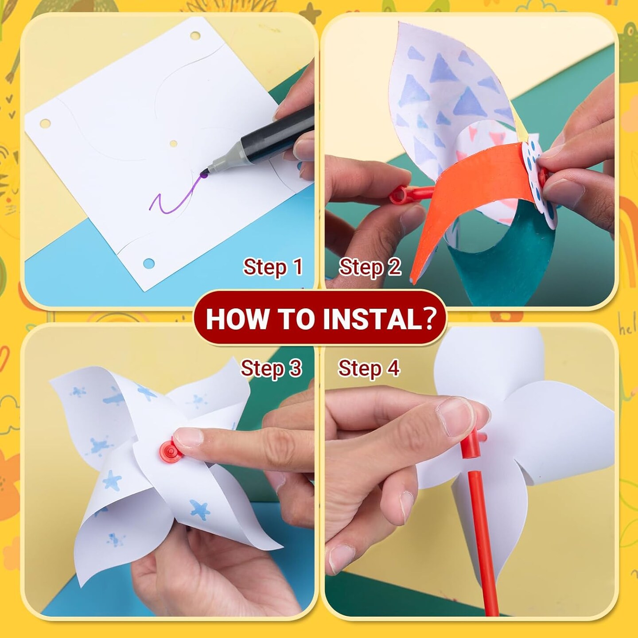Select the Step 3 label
pos(271,368)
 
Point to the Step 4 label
pos(369,368)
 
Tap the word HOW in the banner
pos(232,319)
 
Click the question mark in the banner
pos(428,319)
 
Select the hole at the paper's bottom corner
pos(149,263)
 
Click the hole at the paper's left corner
pos(45,124)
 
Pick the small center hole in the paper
pos(173,144)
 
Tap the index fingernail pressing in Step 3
pos(188,436)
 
